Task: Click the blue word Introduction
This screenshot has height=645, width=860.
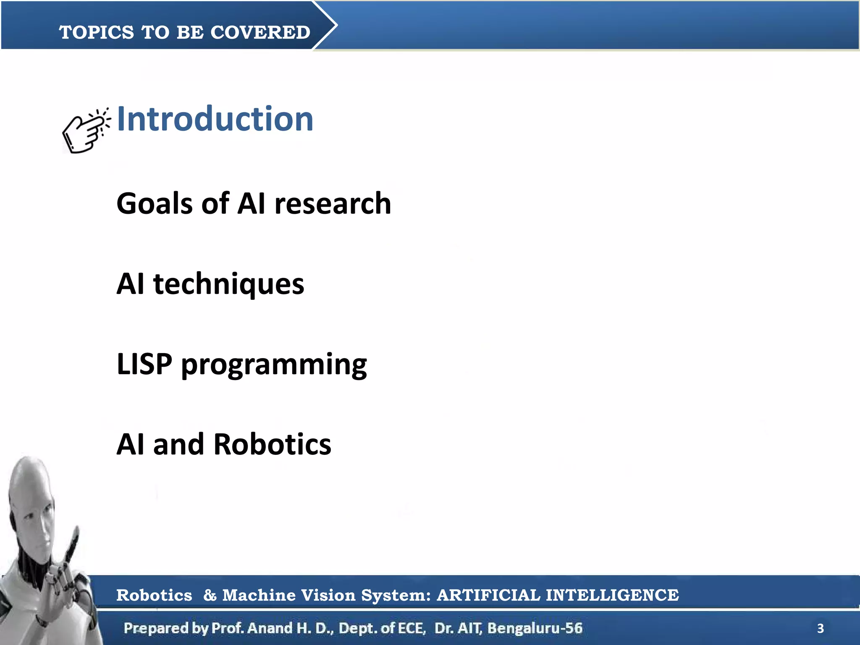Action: pos(215,119)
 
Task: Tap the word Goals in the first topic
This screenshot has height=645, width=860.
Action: pos(153,204)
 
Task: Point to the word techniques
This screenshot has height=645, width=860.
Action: pos(228,284)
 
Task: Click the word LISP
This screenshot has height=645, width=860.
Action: pos(144,364)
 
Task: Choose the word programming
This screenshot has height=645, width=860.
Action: pos(274,365)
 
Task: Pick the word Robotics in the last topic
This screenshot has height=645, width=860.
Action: pos(272,444)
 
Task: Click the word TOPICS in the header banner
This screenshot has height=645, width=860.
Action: pos(97,32)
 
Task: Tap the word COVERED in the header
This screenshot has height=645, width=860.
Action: pos(260,32)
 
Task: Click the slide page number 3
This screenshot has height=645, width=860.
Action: pos(820,629)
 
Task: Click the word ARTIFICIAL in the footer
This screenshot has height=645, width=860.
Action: pos(488,595)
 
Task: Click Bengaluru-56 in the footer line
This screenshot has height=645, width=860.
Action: pos(535,628)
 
